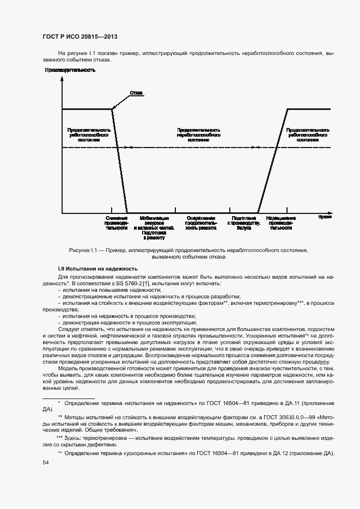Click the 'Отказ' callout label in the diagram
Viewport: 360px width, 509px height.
[x=136, y=93]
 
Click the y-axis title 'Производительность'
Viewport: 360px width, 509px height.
[x=70, y=70]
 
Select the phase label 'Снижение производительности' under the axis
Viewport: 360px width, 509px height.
[x=117, y=223]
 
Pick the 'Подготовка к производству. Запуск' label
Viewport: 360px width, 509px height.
[x=244, y=223]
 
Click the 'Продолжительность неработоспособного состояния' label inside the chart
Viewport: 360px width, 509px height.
[x=199, y=135]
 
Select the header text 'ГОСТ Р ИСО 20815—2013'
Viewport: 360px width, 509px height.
[x=80, y=36]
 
